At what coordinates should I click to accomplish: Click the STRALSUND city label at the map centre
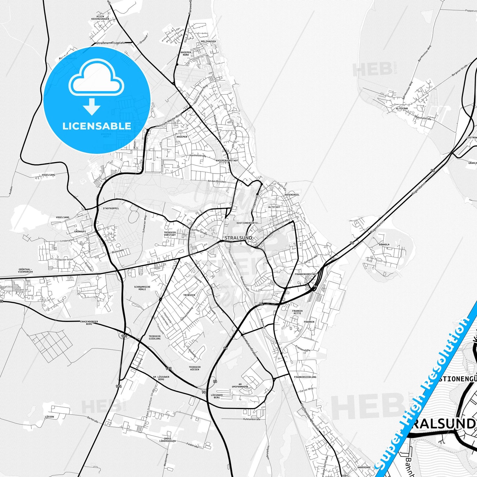(238, 238)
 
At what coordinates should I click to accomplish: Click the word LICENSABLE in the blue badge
(97, 126)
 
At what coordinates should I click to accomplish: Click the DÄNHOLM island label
(384, 245)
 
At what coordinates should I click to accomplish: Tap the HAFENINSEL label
(292, 195)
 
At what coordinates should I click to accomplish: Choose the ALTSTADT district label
(274, 207)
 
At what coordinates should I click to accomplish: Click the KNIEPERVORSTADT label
(227, 160)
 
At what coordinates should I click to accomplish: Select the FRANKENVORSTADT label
(306, 274)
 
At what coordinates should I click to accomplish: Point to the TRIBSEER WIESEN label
(194, 368)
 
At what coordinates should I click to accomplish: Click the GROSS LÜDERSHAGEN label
(170, 440)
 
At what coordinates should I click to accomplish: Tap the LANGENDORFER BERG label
(89, 323)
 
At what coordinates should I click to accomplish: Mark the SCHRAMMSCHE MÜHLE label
(142, 288)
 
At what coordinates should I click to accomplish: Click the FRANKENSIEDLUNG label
(305, 377)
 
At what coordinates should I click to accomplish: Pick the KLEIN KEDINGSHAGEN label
(100, 18)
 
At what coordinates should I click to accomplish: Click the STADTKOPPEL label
(111, 208)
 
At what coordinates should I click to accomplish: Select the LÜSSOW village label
(49, 417)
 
